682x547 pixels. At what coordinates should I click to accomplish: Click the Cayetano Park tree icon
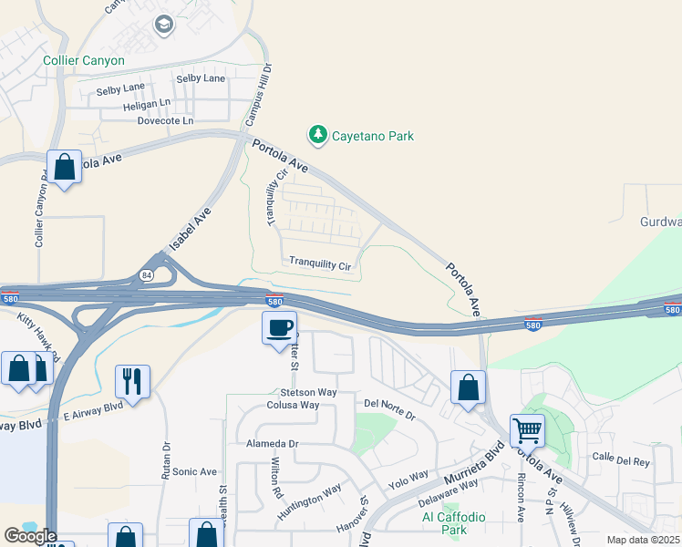click(x=318, y=136)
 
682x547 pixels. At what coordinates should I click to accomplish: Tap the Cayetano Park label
click(x=372, y=136)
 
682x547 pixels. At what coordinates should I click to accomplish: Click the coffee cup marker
click(x=279, y=326)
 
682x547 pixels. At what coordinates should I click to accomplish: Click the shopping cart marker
click(x=527, y=428)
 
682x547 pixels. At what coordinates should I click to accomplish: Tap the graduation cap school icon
click(x=164, y=24)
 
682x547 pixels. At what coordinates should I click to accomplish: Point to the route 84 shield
click(x=147, y=273)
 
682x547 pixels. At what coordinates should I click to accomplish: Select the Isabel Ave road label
click(x=191, y=229)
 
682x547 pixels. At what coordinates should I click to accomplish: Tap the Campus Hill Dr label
click(x=257, y=94)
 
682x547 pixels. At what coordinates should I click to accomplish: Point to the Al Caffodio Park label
click(x=453, y=522)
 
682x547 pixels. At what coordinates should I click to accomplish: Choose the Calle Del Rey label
click(x=621, y=461)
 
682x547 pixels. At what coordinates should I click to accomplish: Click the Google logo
click(x=30, y=536)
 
